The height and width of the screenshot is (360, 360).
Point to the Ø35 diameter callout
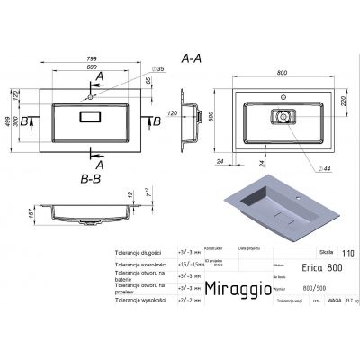coord(135,68)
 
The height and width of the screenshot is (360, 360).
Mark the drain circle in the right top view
coord(283,116)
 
